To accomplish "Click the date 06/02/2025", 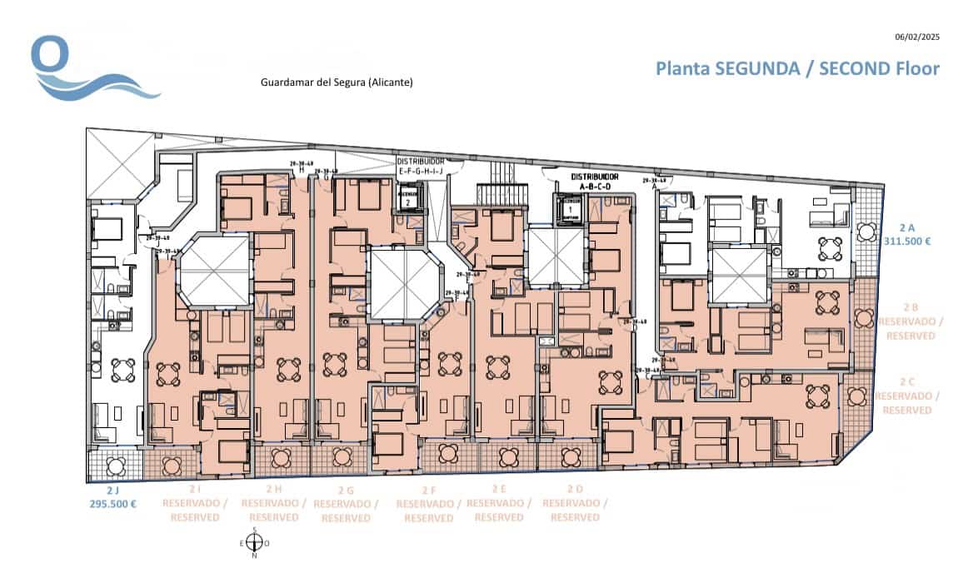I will point(916,37).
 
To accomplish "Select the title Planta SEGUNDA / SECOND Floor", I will point(797,68).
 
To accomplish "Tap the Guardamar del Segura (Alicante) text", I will point(337,82).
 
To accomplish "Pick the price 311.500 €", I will point(906,241).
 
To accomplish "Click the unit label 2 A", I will point(906,227).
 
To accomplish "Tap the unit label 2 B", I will point(913,306).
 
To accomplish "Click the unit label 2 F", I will point(429,490).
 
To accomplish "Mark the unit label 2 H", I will point(273,489).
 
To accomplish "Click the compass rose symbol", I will point(254,543).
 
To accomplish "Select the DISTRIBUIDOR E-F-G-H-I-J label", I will point(421,165).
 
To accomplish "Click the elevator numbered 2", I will point(407,200).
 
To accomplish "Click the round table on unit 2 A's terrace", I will point(829,248).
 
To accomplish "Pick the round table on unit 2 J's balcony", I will point(116,463).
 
